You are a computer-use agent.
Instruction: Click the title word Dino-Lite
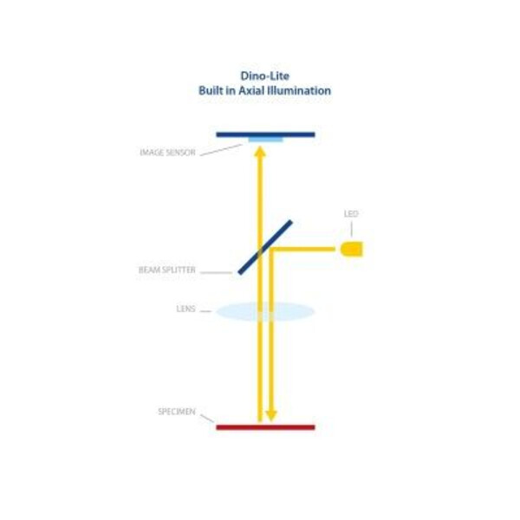pos(265,75)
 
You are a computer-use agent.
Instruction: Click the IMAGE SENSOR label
pos(167,153)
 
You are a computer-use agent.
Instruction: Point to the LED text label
pos(351,214)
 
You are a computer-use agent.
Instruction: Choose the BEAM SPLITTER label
pos(167,270)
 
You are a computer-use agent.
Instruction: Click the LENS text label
pos(187,309)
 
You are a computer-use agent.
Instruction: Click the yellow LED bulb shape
pos(351,250)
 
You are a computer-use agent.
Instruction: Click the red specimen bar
pos(265,427)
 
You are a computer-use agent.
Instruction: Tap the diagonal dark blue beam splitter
pos(265,247)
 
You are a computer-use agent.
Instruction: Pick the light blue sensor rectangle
pos(265,140)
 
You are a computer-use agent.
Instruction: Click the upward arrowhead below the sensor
pos(259,152)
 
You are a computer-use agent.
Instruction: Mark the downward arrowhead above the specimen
pos(270,415)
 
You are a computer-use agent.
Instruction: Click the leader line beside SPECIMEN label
pos(207,419)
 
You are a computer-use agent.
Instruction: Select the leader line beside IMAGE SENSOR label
pos(221,150)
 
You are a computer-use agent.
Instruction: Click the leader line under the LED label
pos(351,230)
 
